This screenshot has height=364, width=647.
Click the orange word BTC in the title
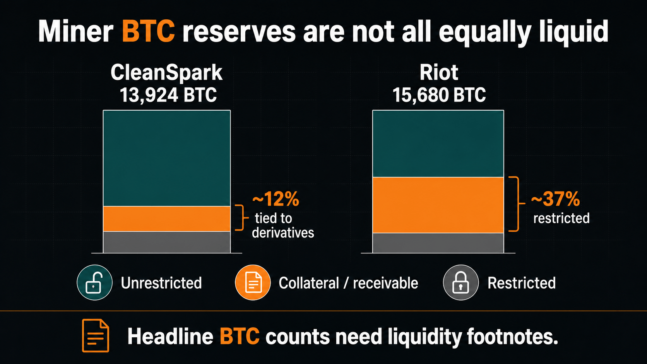[x=148, y=31]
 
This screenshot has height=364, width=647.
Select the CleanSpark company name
[x=166, y=73]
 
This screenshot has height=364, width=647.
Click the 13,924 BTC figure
[x=168, y=95]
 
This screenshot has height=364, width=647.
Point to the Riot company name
[x=439, y=72]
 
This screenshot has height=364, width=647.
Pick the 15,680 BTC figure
[x=439, y=95]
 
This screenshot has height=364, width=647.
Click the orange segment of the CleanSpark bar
[x=167, y=219]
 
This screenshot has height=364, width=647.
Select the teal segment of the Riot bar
[x=438, y=144]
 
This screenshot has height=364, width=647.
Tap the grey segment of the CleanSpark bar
[x=167, y=242]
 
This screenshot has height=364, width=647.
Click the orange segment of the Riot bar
[x=438, y=205]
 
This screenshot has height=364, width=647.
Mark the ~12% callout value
[x=276, y=199]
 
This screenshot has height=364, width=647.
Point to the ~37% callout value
[x=555, y=199]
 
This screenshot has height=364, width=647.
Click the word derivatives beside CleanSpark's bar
[x=283, y=232]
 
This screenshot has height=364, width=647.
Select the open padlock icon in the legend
[x=94, y=283]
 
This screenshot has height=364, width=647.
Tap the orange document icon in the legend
[x=253, y=283]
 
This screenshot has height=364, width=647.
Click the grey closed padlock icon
[x=461, y=283]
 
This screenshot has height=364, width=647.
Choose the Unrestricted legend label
[x=161, y=283]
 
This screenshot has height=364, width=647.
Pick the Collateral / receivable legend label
[x=348, y=283]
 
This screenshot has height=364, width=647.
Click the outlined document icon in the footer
[x=95, y=336]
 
